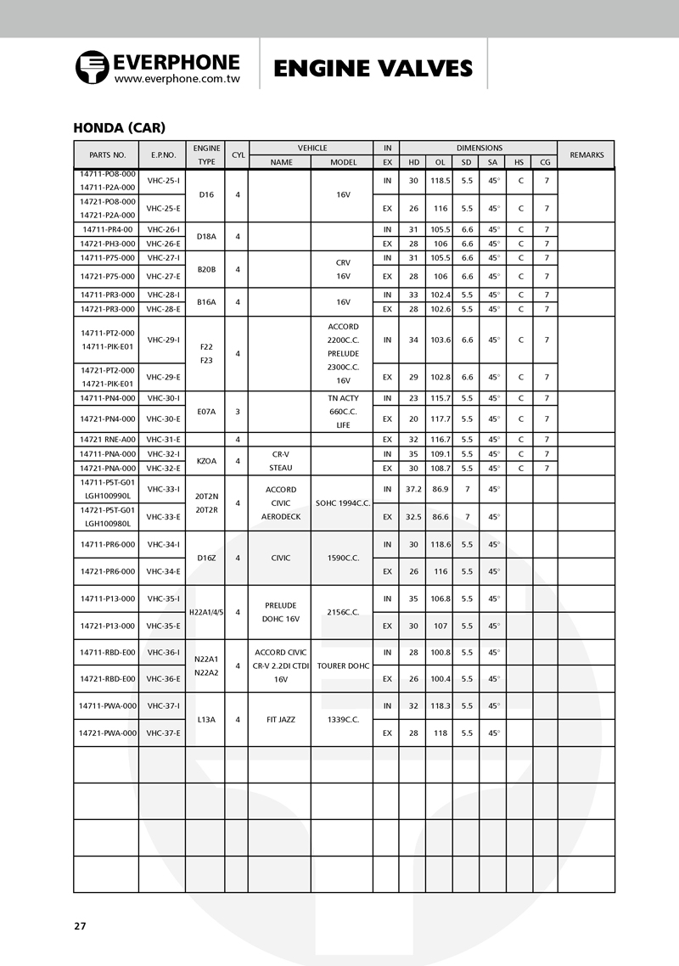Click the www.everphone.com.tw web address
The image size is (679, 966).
pyautogui.click(x=177, y=78)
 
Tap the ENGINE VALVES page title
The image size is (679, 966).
pyautogui.click(x=373, y=68)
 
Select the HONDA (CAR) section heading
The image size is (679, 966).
pyautogui.click(x=119, y=128)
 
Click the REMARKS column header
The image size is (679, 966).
pyautogui.click(x=586, y=155)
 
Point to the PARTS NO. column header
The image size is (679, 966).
pyautogui.click(x=107, y=155)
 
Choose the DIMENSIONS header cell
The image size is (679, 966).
pyautogui.click(x=479, y=148)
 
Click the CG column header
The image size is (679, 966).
pyautogui.click(x=545, y=162)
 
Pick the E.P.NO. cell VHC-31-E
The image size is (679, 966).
pyautogui.click(x=163, y=440)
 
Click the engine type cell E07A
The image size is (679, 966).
pyautogui.click(x=205, y=412)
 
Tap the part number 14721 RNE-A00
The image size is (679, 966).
pyautogui.click(x=107, y=440)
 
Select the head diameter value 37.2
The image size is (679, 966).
pyautogui.click(x=413, y=489)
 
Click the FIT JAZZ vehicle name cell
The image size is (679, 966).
pyautogui.click(x=280, y=719)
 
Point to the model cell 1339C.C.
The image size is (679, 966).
pyautogui.click(x=343, y=719)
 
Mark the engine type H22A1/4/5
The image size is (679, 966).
pyautogui.click(x=205, y=612)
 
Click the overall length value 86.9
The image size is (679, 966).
pyautogui.click(x=440, y=489)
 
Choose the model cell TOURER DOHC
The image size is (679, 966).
pyautogui.click(x=343, y=666)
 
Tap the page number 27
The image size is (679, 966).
pyautogui.click(x=80, y=926)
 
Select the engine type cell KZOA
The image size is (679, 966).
pyautogui.click(x=205, y=461)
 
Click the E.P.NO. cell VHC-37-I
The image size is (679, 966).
pyautogui.click(x=163, y=705)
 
